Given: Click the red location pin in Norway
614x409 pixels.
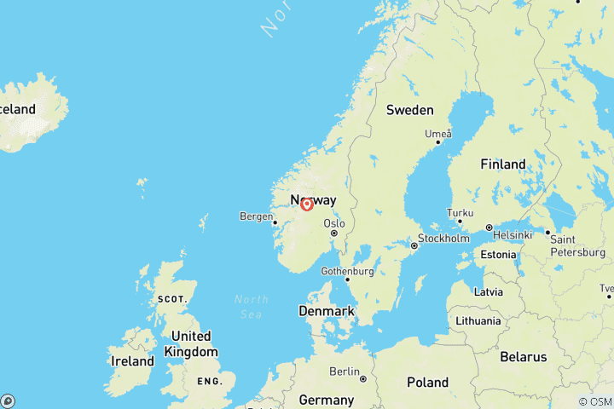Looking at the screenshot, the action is pos(307,204).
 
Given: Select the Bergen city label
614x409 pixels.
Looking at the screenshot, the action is pos(257,216).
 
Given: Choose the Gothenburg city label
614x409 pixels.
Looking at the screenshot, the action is pos(348,271).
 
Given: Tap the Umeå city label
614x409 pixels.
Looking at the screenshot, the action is pos(437,134).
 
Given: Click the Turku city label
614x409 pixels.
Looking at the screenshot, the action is pos(460,213).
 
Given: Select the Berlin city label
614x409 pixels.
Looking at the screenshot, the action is pos(345,372).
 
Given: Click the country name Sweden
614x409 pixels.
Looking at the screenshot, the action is pos(409,110).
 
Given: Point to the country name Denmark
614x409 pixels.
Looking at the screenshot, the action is pos(327,311).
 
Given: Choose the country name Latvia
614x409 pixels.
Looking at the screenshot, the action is pos(488,291).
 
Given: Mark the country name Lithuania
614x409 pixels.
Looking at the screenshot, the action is pos(478,321).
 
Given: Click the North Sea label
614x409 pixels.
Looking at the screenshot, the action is pos(252,306).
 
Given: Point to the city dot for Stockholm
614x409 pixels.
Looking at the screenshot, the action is pos(414,245).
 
